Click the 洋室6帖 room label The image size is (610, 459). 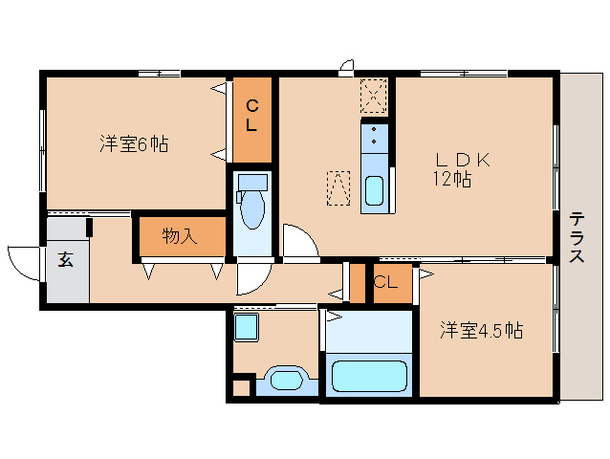pyautogui.click(x=134, y=144)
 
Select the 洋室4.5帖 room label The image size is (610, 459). pyautogui.click(x=481, y=331)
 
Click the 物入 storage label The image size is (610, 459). pyautogui.click(x=179, y=236)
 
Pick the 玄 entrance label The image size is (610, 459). pyautogui.click(x=65, y=258)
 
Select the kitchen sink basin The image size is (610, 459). pyautogui.click(x=374, y=189)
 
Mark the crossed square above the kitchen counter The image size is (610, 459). pyautogui.click(x=372, y=96)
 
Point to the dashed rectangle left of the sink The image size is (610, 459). pyautogui.click(x=338, y=186)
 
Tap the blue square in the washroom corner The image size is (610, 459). pyautogui.click(x=246, y=327)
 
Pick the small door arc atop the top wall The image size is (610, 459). pyautogui.click(x=346, y=67)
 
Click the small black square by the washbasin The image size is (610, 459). pyautogui.click(x=240, y=388)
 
